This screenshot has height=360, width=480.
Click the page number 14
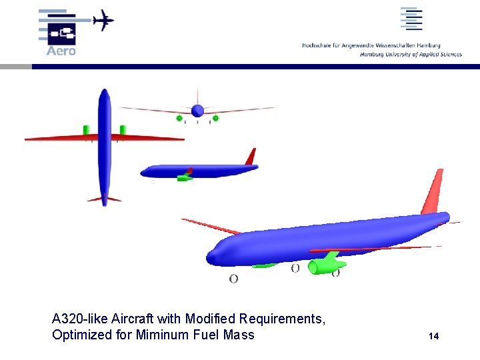pos(434,336)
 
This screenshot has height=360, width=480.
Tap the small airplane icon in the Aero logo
pos(103,21)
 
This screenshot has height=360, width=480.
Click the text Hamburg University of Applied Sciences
pos(411,55)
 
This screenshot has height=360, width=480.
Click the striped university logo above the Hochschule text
pos(411,19)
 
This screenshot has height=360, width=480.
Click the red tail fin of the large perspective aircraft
pos(433,192)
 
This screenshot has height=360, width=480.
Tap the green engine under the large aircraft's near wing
pos(325,264)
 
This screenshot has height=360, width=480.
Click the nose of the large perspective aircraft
pos(213,258)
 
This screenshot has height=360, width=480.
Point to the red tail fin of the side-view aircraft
pos(251,157)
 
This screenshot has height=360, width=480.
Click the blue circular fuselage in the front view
pos(197,110)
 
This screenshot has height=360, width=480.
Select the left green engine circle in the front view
pos(179,118)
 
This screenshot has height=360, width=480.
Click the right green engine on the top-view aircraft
pos(123,129)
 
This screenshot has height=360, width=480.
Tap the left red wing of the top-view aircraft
pos(60,139)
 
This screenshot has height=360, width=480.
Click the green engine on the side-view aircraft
pos(183,178)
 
